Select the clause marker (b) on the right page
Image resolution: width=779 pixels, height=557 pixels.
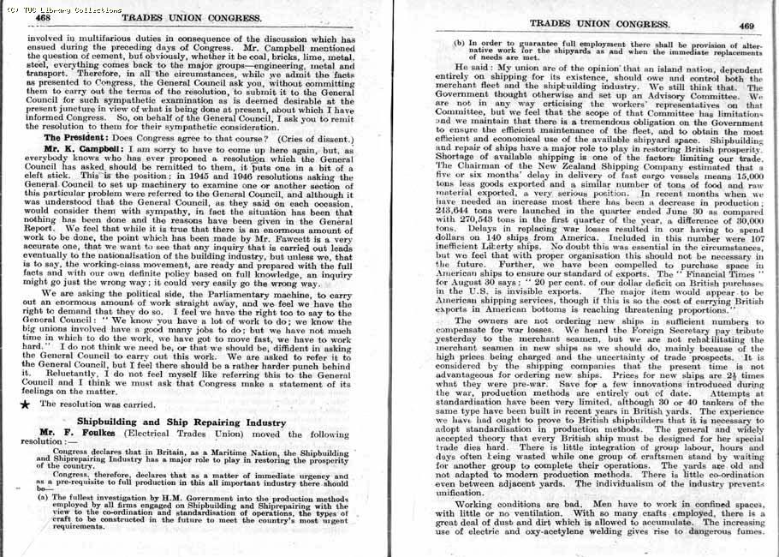(460, 43)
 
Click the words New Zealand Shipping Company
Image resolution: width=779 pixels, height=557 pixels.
(591, 169)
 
